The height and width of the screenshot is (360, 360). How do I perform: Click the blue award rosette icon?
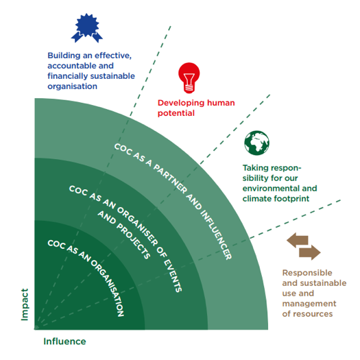(87, 28)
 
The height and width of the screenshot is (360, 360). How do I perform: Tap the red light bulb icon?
(189, 78)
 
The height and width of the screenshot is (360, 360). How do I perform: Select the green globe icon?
(256, 143)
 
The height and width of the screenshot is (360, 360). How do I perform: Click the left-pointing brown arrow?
(298, 240)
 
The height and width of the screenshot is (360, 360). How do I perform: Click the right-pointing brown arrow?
(310, 252)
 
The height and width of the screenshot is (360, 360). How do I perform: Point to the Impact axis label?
(25, 304)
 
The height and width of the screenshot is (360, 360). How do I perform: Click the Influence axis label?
(64, 341)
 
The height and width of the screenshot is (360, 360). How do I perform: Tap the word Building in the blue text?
(60, 56)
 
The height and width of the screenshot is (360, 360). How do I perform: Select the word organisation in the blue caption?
(72, 86)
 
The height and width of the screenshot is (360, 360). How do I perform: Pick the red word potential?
(176, 113)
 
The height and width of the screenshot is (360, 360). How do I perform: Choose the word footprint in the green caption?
(292, 199)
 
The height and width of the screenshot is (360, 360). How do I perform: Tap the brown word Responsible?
(307, 273)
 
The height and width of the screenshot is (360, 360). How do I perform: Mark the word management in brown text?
(309, 304)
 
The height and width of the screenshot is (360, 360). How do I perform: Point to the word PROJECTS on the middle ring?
(133, 241)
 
